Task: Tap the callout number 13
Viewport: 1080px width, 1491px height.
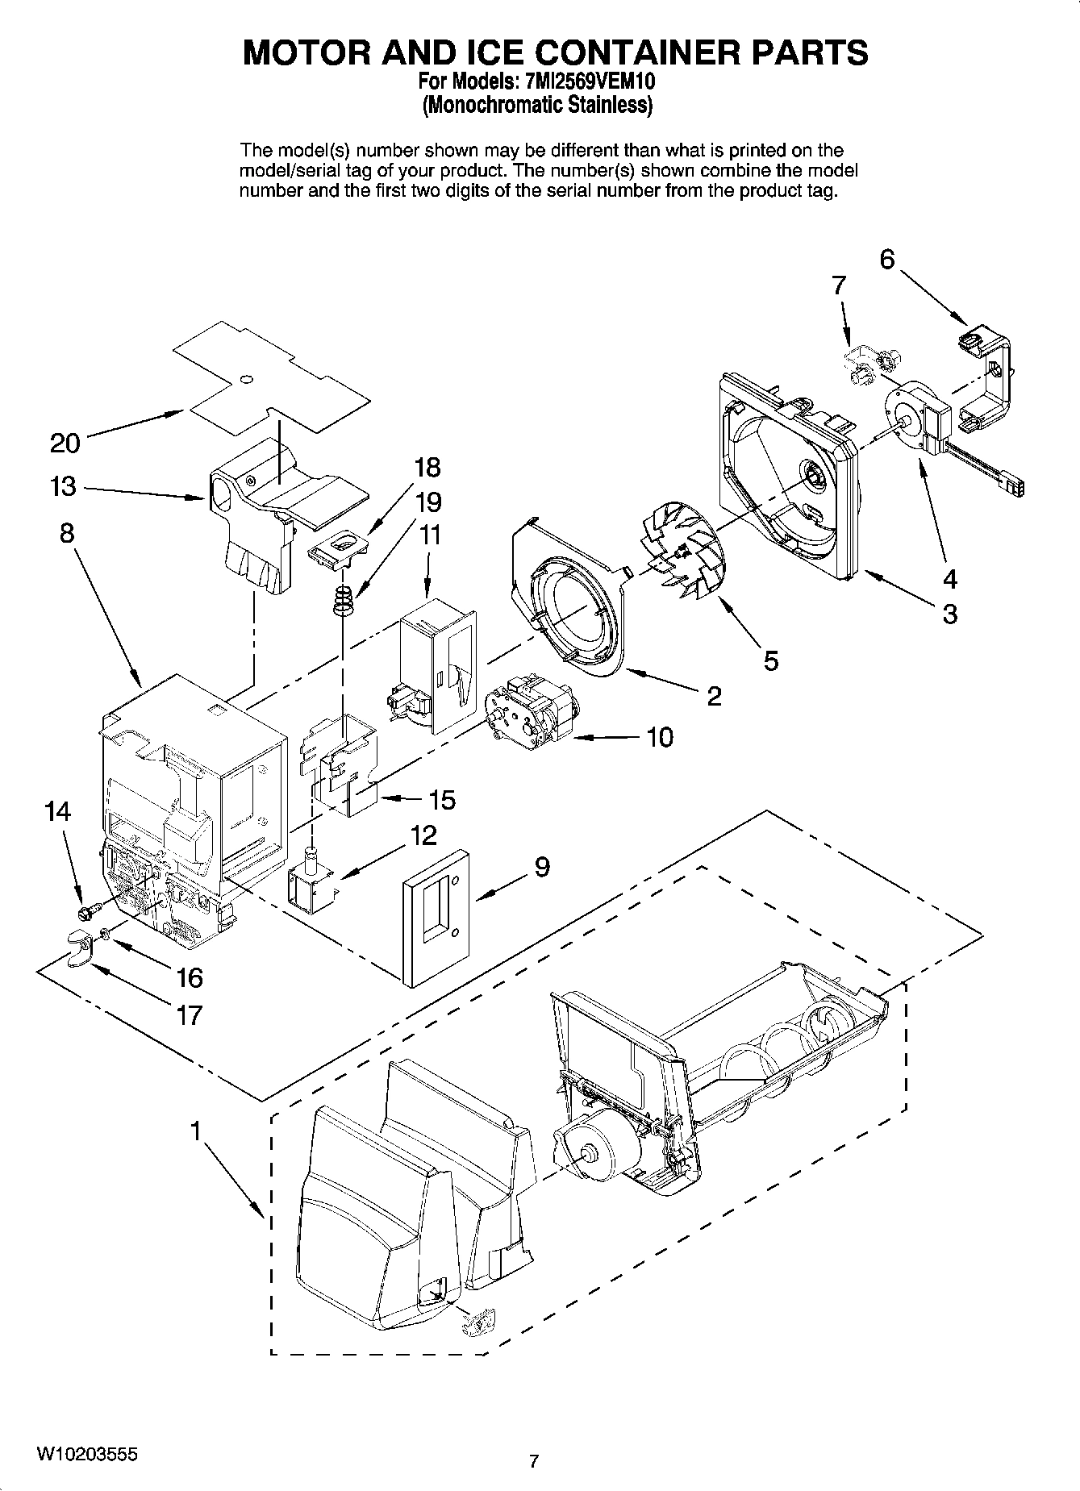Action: tap(62, 487)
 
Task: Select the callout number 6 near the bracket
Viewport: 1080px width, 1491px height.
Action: tap(886, 260)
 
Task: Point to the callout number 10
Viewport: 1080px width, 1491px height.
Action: tap(660, 737)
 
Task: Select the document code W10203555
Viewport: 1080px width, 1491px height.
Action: tap(86, 1454)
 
